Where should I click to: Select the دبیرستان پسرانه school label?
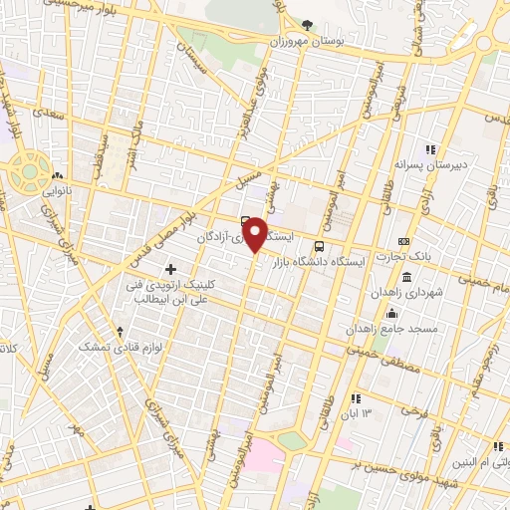point(430,162)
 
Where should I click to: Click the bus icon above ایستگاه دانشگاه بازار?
point(319,246)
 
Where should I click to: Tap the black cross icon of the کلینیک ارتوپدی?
point(171,269)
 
